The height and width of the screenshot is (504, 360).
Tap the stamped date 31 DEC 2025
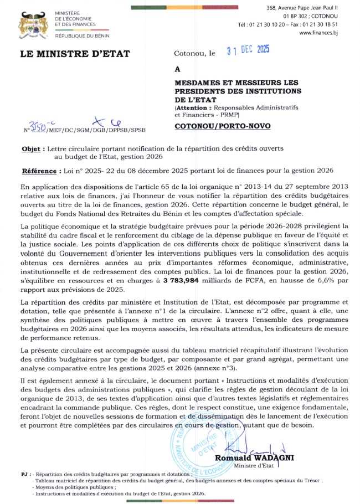[x=248, y=50]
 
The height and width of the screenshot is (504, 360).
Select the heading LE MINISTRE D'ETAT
[x=75, y=54]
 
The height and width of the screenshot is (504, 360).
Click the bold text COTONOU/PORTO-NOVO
[x=223, y=126]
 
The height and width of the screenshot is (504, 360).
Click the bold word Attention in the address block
[x=193, y=107]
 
